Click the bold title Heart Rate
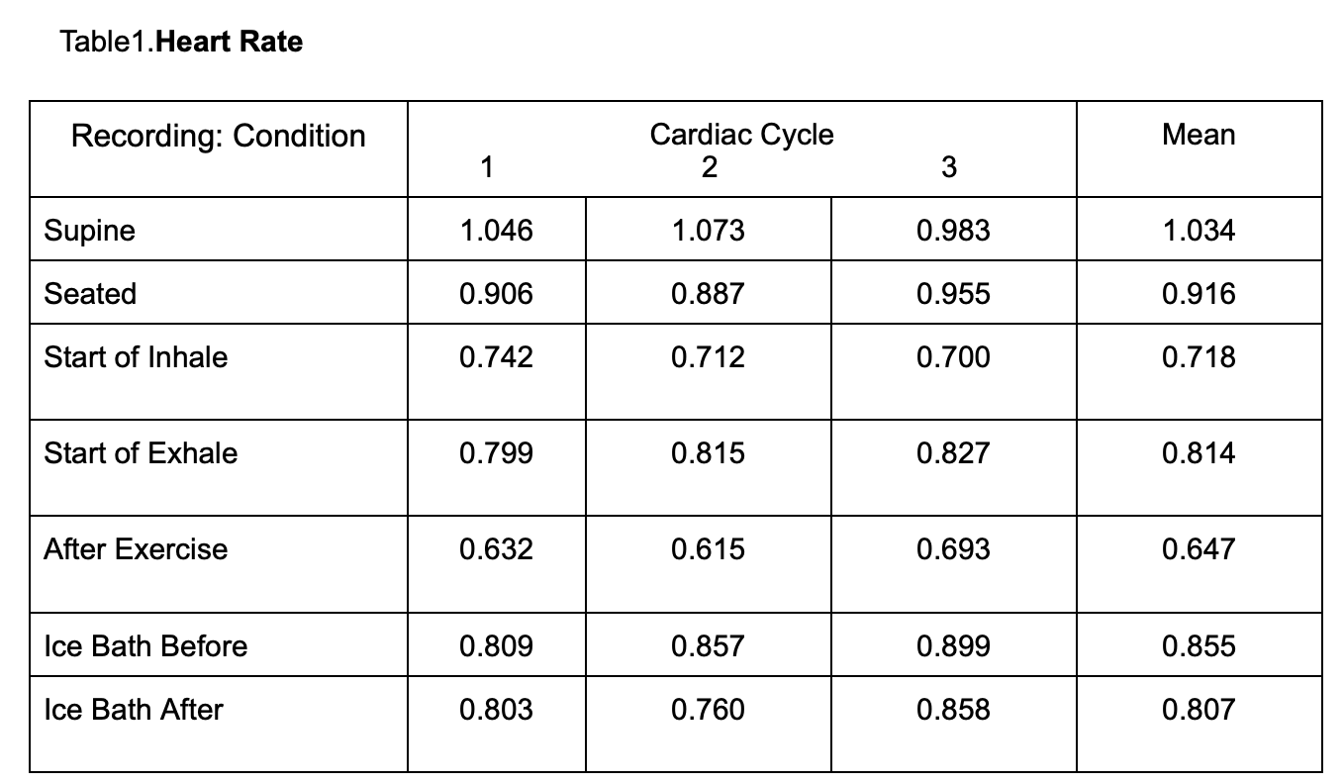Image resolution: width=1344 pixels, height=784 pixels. click(x=230, y=43)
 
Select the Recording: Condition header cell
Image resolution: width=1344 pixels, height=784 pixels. click(x=218, y=136)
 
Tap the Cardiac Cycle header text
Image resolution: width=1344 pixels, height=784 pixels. click(x=741, y=135)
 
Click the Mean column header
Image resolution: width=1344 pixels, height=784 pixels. click(x=1199, y=135)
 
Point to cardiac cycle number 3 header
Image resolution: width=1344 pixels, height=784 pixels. click(x=948, y=168)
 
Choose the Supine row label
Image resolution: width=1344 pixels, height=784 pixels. click(x=89, y=231)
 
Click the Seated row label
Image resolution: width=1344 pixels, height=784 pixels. click(x=90, y=294)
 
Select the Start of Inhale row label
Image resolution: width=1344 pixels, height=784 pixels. click(x=136, y=357)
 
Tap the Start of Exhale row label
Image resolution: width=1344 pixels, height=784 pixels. click(x=141, y=453)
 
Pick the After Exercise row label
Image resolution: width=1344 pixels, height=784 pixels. click(x=136, y=549)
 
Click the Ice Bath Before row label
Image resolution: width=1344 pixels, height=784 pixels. click(x=145, y=646)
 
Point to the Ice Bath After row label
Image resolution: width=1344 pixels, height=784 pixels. click(x=134, y=710)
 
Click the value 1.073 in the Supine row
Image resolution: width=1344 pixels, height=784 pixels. click(x=708, y=231)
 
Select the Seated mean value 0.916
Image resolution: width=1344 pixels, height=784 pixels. click(x=1199, y=294)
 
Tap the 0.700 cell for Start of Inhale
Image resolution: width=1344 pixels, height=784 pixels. click(x=953, y=357)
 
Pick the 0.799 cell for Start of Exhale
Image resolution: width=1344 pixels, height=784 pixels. click(x=496, y=453)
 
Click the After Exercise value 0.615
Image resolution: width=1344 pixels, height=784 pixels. click(x=708, y=549)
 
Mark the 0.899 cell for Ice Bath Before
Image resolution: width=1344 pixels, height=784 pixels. click(x=953, y=646)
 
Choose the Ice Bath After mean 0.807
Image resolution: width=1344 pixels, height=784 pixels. click(x=1199, y=710)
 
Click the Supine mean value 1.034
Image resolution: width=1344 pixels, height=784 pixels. click(x=1199, y=231)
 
